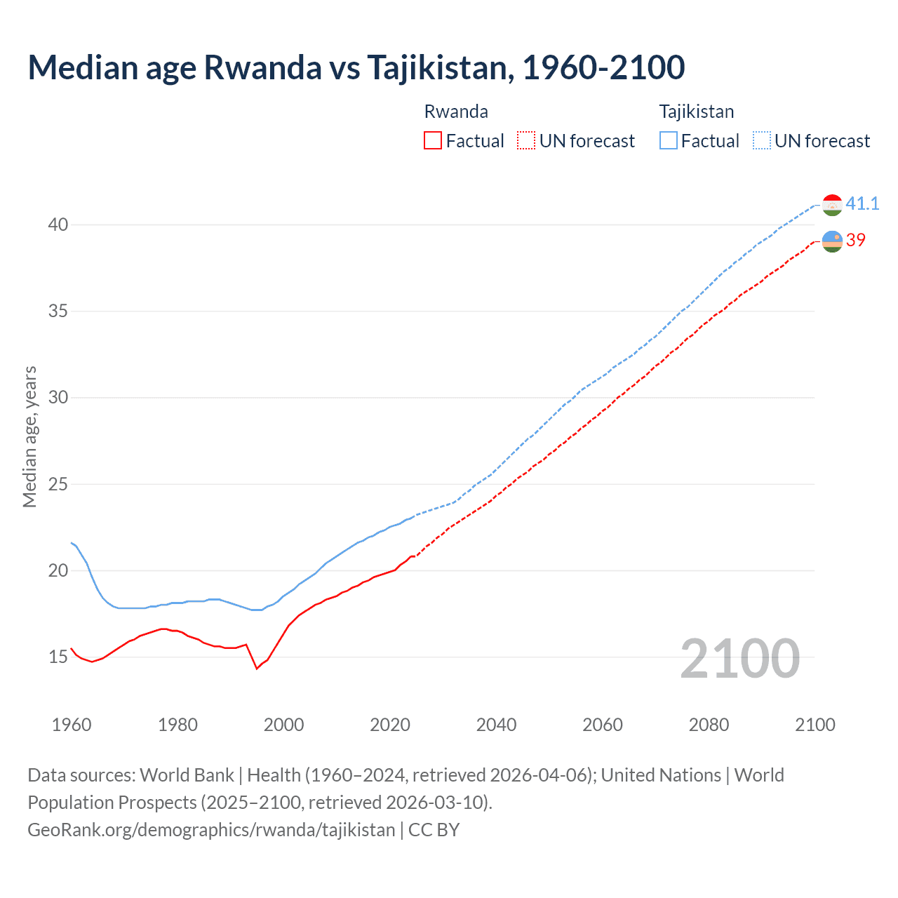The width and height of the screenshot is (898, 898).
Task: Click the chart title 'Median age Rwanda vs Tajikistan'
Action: (x=356, y=68)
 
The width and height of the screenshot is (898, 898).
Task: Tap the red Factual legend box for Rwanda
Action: (x=433, y=141)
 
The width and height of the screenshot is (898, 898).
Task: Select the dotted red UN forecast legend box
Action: (x=526, y=141)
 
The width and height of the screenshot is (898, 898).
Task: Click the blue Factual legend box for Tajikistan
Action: (x=669, y=141)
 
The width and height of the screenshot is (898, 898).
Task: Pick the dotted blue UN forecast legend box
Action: (x=762, y=141)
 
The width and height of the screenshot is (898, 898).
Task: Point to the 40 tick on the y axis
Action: (x=58, y=225)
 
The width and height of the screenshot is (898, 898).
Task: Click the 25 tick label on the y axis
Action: (x=58, y=484)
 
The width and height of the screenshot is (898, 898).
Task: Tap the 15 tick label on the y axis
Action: (x=58, y=657)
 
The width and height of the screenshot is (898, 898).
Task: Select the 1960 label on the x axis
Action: (x=72, y=725)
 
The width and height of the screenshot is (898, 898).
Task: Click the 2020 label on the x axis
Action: (x=390, y=725)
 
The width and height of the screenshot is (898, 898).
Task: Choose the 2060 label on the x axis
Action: (x=603, y=725)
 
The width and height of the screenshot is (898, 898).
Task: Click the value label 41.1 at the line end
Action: (x=862, y=204)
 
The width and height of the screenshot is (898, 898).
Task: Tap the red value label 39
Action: (x=856, y=240)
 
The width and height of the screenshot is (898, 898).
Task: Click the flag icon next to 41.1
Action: (x=832, y=205)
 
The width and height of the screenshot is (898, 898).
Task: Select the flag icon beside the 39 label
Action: (x=832, y=241)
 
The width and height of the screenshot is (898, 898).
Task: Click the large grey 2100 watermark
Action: (x=739, y=659)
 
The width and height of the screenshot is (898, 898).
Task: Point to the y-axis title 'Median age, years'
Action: (x=30, y=436)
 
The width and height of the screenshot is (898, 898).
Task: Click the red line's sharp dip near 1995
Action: (x=257, y=668)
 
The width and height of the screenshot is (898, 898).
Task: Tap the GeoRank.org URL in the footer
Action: (x=211, y=830)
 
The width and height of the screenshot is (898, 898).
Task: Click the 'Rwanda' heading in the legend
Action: (x=456, y=112)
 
